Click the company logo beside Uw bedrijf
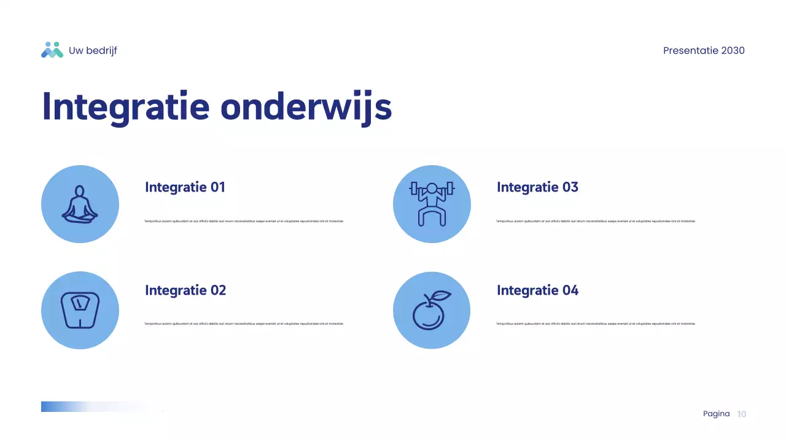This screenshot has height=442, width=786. (x=52, y=50)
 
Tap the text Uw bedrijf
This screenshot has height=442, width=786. (x=93, y=51)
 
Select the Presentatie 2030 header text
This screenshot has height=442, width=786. (x=704, y=51)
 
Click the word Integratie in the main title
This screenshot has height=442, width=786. (x=125, y=107)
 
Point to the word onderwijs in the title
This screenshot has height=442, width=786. (x=306, y=107)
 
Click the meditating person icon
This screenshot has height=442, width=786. (x=80, y=204)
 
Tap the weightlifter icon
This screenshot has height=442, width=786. (x=432, y=204)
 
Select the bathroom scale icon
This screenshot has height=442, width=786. (x=80, y=310)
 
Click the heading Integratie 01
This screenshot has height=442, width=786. (x=185, y=187)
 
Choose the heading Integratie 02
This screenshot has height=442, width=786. (x=185, y=290)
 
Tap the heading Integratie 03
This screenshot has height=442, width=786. (x=537, y=187)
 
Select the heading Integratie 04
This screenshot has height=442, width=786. (x=537, y=290)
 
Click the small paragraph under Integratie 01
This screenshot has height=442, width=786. (x=244, y=221)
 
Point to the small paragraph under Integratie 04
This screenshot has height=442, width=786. (x=596, y=324)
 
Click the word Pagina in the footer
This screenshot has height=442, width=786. (x=716, y=414)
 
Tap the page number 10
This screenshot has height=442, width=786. (x=741, y=414)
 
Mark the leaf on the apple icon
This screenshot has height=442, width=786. (x=441, y=295)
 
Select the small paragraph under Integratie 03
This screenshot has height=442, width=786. (x=596, y=221)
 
